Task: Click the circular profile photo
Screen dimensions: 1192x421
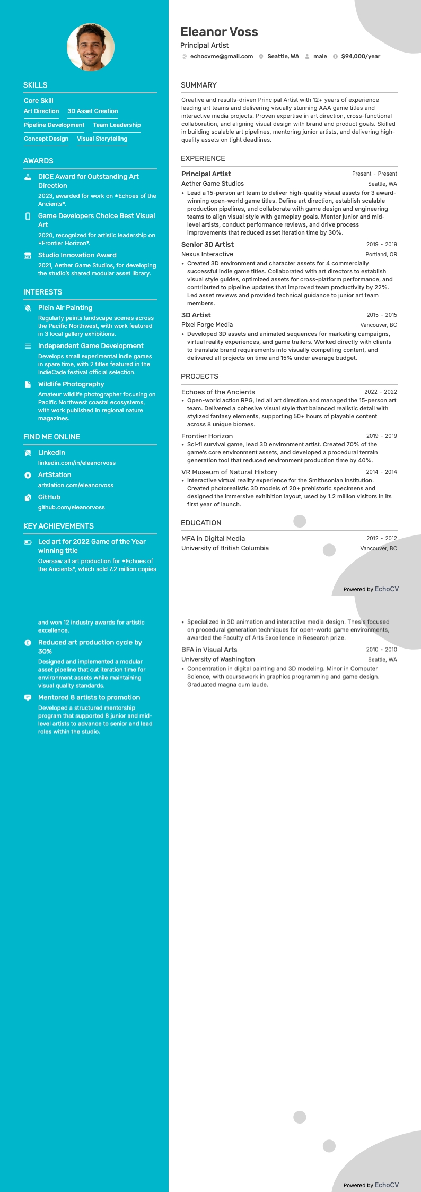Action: point(91,47)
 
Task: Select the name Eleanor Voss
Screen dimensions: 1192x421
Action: point(219,32)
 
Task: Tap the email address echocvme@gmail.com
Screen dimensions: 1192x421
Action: point(221,56)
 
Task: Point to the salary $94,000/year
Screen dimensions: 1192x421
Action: point(361,56)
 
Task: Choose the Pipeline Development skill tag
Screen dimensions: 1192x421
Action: point(54,125)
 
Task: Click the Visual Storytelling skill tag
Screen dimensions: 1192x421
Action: point(102,139)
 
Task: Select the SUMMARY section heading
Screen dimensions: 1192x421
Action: point(199,85)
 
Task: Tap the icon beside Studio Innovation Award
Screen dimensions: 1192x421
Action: point(28,255)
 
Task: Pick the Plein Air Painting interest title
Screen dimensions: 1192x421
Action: point(65,308)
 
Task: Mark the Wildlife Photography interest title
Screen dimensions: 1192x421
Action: point(71,384)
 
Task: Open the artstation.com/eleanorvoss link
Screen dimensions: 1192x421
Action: point(76,485)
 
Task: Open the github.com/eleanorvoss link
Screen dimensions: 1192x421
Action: point(72,507)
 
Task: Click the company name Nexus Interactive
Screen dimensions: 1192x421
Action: point(207,254)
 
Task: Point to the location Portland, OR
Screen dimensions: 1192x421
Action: point(381,254)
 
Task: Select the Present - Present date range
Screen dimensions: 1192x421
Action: point(374,174)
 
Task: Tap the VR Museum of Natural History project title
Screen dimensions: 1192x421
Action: point(229,472)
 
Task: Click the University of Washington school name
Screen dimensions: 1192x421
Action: point(218,659)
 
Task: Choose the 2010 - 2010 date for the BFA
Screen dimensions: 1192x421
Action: point(381,650)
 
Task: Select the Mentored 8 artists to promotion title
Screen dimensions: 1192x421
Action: point(89,697)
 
